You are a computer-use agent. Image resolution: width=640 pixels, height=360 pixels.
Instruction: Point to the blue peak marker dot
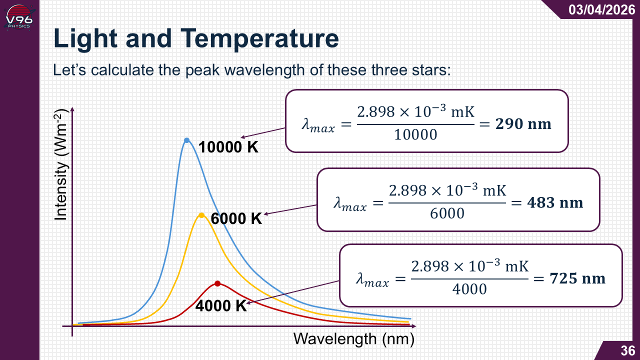click(186, 140)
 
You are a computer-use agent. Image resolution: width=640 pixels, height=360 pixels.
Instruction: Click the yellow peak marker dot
click(201, 215)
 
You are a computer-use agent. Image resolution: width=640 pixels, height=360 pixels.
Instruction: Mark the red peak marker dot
click(217, 283)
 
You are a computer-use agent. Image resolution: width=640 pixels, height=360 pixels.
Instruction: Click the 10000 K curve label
click(228, 147)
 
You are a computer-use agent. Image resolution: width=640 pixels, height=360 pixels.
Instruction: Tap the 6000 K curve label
click(236, 219)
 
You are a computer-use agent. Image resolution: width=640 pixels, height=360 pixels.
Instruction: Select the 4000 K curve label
click(221, 306)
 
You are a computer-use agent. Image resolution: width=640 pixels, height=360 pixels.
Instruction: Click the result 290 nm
click(523, 124)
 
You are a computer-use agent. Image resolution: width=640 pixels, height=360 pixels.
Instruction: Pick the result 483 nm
click(555, 202)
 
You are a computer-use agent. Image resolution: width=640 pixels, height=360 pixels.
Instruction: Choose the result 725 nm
click(577, 278)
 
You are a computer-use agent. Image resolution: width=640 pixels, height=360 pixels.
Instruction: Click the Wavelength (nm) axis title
click(354, 339)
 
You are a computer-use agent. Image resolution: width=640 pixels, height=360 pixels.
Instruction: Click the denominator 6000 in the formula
click(447, 213)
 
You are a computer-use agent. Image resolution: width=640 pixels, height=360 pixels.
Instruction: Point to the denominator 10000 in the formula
click(415, 134)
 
